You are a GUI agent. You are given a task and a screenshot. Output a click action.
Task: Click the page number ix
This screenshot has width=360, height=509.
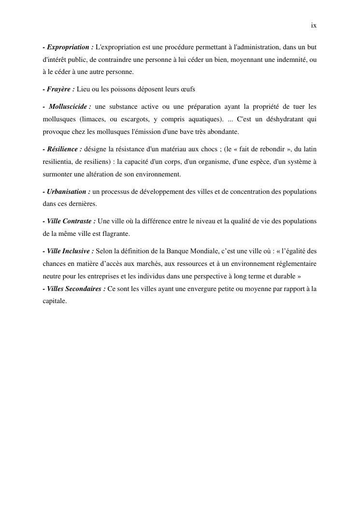314,26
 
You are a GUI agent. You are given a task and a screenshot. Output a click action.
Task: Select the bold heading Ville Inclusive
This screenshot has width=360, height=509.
70,251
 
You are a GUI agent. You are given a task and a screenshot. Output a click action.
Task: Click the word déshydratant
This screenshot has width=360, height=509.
282,119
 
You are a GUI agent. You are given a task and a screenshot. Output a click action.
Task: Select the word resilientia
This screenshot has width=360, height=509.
58,161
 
